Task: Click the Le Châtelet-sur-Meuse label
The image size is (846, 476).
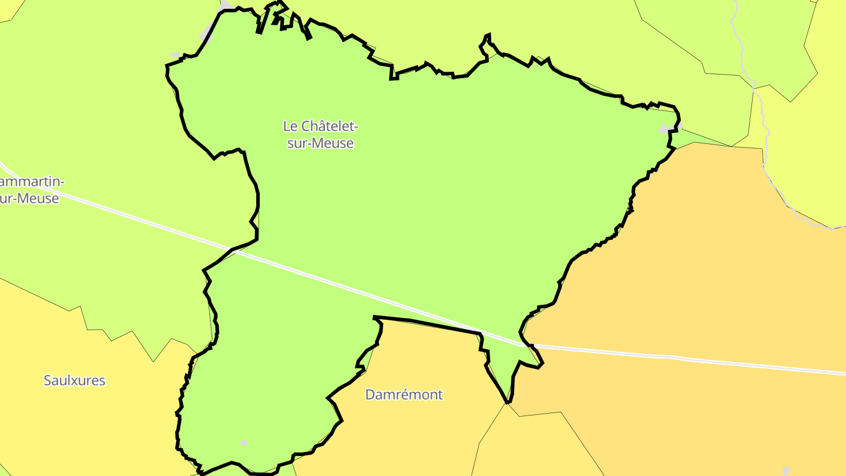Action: pos(320,135)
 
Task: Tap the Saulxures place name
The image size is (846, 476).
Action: pos(75,380)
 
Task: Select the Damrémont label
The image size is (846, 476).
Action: pos(404,394)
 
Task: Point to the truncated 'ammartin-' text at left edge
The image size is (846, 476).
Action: pos(32,182)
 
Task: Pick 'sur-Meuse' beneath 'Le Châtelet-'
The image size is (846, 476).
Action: pos(320,143)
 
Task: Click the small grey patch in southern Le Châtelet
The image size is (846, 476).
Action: pos(244,443)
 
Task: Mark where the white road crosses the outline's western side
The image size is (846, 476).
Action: pos(233,250)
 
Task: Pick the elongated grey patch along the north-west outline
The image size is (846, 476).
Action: pos(207,33)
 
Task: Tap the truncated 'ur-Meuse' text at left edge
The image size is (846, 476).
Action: pos(29,199)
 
